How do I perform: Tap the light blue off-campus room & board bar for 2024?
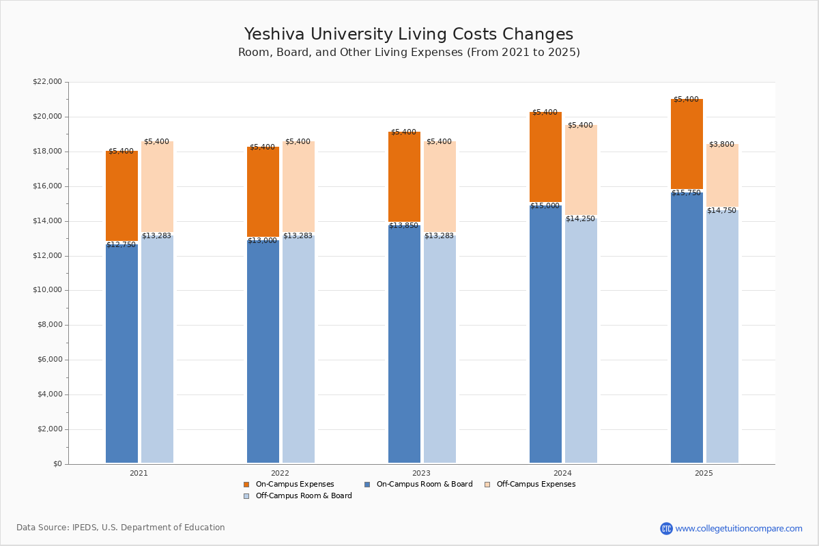pos(581,341)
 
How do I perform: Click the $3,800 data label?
pos(721,145)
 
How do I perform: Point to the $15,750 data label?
pos(687,193)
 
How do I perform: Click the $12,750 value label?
pos(121,244)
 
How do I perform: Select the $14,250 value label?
pos(581,219)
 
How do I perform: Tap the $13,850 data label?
pos(404,226)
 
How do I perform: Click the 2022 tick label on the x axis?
pos(280,473)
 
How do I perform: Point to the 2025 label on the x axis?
pos(704,473)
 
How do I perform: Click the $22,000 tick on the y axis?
pos(47,82)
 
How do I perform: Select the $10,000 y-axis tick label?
pos(47,290)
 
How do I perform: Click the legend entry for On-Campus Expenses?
pos(294,485)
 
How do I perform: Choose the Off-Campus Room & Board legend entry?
pos(303,496)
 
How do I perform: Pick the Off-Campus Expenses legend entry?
pos(535,485)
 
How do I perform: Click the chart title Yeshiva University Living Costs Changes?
pos(409,35)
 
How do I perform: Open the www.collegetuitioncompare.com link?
pos(738,528)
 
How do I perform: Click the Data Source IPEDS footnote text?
pos(121,528)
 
